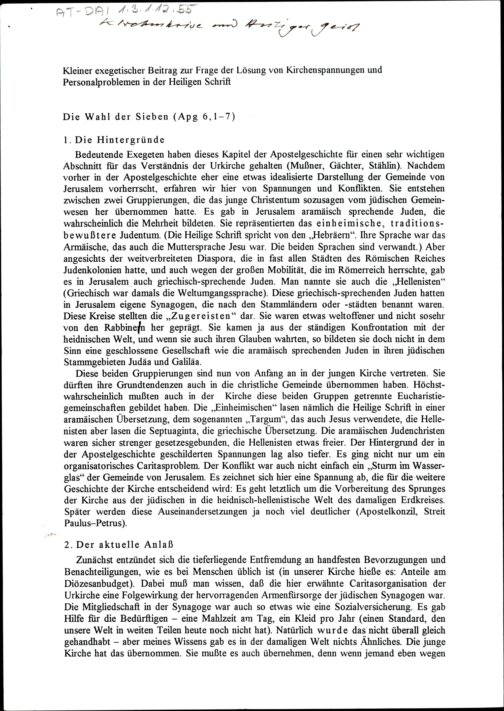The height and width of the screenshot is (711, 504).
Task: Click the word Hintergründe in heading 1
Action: point(130,140)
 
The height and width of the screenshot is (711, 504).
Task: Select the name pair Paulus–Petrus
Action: point(95,523)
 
